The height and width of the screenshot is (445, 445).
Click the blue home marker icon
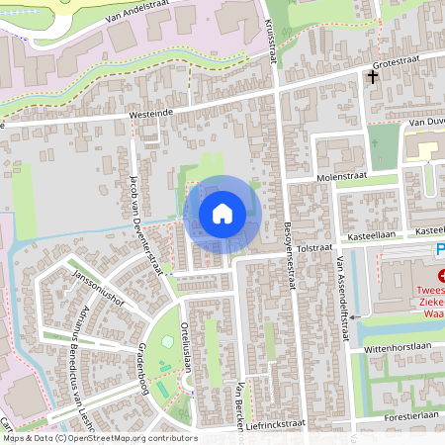pos(222,213)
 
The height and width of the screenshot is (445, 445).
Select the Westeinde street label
pos(154,114)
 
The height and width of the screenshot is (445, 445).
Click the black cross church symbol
pos(374,76)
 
